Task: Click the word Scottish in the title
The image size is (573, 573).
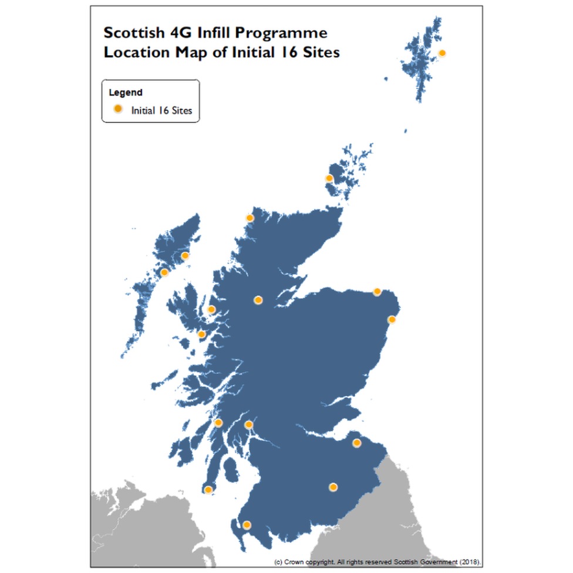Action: point(131,33)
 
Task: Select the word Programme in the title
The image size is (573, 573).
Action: point(286,33)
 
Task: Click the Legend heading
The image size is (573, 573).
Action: point(125,92)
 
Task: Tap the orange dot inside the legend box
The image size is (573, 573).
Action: point(117,109)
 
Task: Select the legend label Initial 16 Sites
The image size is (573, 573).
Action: point(161,110)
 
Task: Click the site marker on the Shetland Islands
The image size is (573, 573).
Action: point(442,53)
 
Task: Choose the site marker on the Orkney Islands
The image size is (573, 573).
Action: point(329,178)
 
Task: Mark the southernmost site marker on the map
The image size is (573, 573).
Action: point(247,525)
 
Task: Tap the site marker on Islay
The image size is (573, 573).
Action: point(208,490)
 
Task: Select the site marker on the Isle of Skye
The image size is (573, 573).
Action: point(212,310)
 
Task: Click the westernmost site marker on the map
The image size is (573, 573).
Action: point(164,272)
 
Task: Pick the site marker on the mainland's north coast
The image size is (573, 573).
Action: point(250,218)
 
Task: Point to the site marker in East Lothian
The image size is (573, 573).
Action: point(356,443)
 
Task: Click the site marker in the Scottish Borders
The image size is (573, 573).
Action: point(333,487)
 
